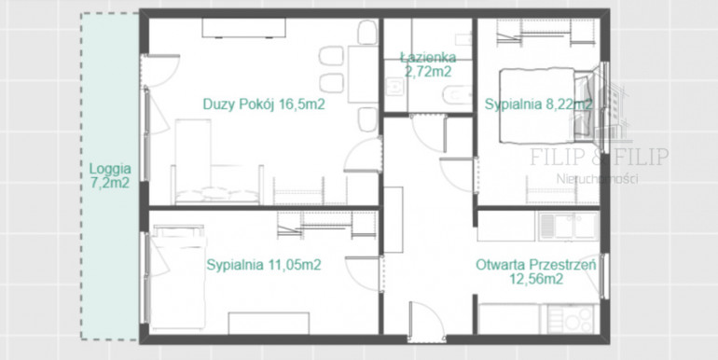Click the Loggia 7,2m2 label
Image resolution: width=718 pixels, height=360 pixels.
(109, 176)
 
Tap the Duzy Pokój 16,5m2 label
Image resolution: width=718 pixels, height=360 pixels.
(264, 104)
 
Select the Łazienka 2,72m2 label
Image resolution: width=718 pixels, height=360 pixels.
(428, 64)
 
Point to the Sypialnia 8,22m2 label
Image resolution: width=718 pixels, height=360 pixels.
(539, 104)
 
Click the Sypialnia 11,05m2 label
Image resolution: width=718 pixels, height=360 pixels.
(264, 265)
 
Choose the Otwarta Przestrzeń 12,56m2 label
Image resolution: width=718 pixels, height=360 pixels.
(536, 271)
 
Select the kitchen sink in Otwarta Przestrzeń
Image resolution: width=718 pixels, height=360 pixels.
(569, 226)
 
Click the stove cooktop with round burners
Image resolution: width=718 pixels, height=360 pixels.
(570, 319)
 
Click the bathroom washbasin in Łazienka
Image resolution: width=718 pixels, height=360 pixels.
(394, 87)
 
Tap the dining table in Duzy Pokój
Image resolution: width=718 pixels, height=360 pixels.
(363, 75)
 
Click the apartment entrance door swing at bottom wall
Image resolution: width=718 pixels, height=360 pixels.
(426, 321)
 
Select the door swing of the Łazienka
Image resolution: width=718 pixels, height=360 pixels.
(428, 133)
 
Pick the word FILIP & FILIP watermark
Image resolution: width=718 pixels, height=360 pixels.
(599, 157)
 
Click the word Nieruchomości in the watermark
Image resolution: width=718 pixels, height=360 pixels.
(597, 179)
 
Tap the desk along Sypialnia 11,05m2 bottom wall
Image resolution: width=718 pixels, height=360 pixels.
(269, 323)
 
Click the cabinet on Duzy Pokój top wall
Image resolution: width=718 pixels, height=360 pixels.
(244, 27)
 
